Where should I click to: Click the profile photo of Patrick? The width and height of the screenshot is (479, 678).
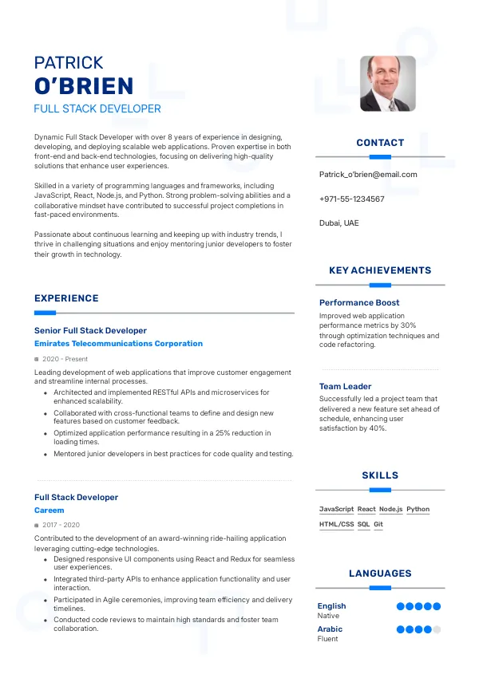click(x=387, y=83)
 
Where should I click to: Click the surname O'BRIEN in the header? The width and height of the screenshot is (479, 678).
click(x=84, y=85)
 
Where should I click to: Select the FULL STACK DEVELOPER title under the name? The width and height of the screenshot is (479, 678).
click(x=97, y=108)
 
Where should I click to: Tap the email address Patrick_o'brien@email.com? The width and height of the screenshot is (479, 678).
click(x=368, y=174)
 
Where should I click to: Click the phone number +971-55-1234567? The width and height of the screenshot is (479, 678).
click(x=351, y=199)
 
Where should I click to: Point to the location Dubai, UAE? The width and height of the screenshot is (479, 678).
click(x=338, y=223)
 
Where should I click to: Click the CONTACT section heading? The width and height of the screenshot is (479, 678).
click(x=380, y=143)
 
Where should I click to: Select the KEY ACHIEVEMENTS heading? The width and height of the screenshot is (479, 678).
click(x=380, y=270)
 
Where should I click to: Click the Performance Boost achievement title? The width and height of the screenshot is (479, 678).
click(x=359, y=302)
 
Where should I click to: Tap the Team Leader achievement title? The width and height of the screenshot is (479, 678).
click(x=345, y=386)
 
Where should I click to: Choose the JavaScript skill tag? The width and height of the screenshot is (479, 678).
click(x=336, y=509)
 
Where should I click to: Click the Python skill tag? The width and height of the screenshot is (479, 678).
click(x=418, y=509)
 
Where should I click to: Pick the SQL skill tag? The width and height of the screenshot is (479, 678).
click(x=363, y=524)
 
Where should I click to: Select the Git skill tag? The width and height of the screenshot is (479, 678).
click(x=378, y=524)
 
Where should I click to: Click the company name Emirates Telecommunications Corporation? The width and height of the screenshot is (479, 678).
click(x=118, y=344)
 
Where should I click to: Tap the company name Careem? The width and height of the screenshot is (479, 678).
click(x=49, y=510)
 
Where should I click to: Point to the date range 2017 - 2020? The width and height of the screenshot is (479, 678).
click(x=61, y=525)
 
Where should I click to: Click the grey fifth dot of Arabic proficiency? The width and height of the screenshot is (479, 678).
click(x=437, y=629)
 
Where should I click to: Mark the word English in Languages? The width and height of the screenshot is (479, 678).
click(x=331, y=606)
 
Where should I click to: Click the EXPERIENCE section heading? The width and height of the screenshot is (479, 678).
click(x=66, y=298)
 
